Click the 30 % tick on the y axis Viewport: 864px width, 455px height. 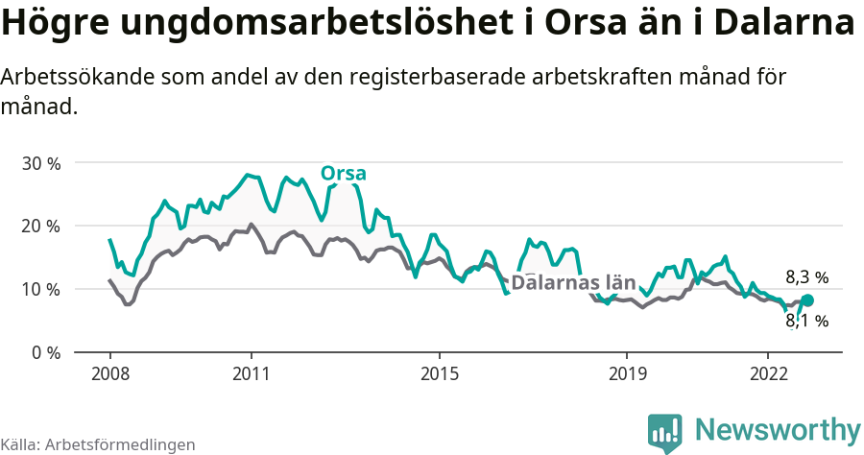pyautogui.click(x=41, y=163)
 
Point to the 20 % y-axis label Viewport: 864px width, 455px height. pyautogui.click(x=41, y=227)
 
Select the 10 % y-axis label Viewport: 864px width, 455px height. pyautogui.click(x=41, y=290)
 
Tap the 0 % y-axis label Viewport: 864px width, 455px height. pyautogui.click(x=46, y=352)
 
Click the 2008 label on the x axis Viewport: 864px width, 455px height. pyautogui.click(x=109, y=372)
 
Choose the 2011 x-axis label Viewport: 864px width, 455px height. pyautogui.click(x=251, y=372)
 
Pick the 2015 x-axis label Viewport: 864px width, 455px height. pyautogui.click(x=439, y=372)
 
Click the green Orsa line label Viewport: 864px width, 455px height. pyautogui.click(x=343, y=174)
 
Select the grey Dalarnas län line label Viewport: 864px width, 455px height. pyautogui.click(x=573, y=282)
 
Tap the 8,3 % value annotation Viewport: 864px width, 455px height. pyautogui.click(x=806, y=277)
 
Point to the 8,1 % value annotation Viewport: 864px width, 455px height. pyautogui.click(x=806, y=322)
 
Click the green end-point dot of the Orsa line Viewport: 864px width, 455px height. pyautogui.click(x=806, y=300)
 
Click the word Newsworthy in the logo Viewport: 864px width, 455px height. pyautogui.click(x=778, y=429)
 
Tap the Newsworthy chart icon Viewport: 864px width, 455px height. pyautogui.click(x=664, y=433)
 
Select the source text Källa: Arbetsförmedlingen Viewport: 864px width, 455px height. pyautogui.click(x=98, y=444)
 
